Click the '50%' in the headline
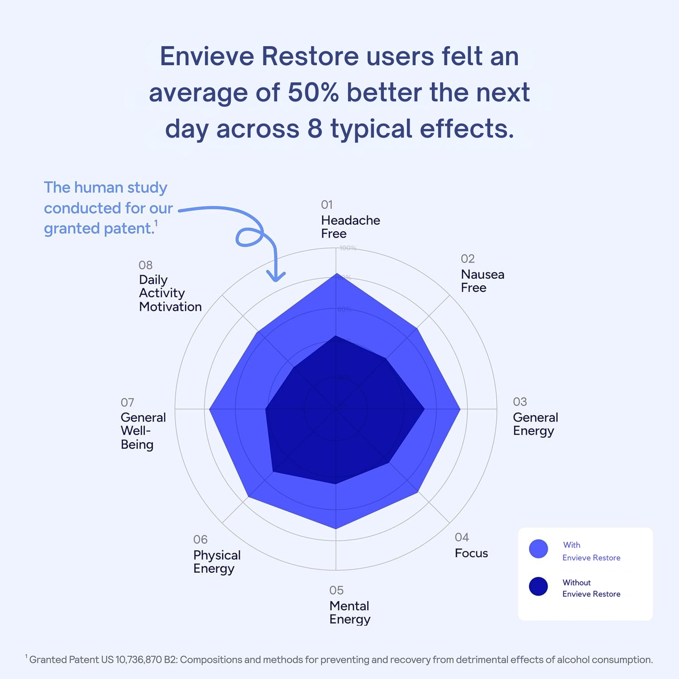tap(313, 93)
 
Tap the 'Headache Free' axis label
tap(350, 227)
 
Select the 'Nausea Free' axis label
tap(482, 281)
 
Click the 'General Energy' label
tap(535, 424)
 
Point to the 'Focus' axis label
tap(471, 553)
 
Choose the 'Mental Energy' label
tap(350, 612)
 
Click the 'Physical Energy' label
tap(217, 562)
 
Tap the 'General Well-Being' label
tap(143, 430)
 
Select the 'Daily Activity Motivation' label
tap(170, 293)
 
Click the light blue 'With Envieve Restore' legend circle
tap(539, 549)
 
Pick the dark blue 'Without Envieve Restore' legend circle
tap(539, 586)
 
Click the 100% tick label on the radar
tap(348, 248)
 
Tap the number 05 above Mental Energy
tap(336, 590)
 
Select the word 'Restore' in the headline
tap(310, 56)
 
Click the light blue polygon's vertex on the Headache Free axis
tap(336, 273)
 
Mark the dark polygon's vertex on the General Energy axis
tap(424, 409)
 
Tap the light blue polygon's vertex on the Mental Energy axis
tap(336, 529)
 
